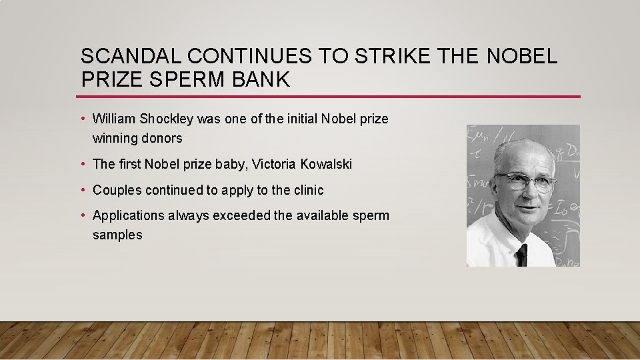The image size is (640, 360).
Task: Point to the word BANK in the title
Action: (261, 79)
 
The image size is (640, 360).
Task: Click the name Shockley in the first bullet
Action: (167, 119)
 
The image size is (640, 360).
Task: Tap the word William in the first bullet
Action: (114, 119)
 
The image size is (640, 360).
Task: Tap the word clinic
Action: (308, 190)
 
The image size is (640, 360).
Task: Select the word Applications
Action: (128, 215)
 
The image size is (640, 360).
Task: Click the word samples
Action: (117, 235)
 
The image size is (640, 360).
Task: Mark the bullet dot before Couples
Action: (85, 190)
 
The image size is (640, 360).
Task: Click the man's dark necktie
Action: (521, 255)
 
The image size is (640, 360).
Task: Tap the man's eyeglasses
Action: (526, 181)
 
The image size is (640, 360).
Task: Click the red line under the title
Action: (330, 97)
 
